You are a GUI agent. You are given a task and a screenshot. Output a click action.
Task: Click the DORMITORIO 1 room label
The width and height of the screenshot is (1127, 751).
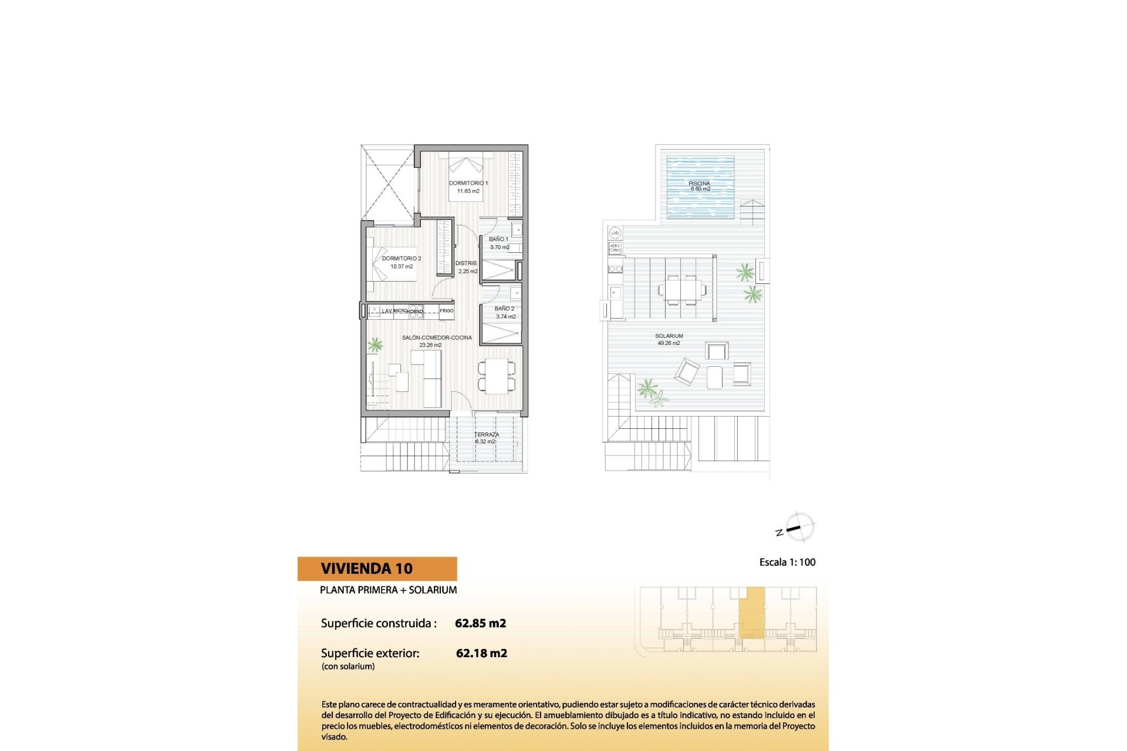click(x=468, y=183)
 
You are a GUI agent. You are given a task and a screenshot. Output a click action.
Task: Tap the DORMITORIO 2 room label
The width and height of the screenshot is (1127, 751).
click(x=401, y=258)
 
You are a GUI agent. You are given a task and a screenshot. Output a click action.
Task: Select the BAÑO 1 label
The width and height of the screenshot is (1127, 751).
click(x=499, y=239)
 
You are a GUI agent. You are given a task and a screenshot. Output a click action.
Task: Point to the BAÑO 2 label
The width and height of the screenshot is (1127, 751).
click(x=504, y=309)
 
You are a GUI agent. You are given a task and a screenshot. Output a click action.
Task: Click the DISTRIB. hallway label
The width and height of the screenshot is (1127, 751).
click(x=467, y=263)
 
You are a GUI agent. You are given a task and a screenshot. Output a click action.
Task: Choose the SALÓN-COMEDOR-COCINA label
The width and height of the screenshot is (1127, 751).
click(x=437, y=338)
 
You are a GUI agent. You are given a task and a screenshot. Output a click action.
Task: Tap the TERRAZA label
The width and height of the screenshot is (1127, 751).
click(x=487, y=435)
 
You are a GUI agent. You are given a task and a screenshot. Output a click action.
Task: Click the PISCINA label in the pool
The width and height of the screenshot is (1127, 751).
click(x=699, y=184)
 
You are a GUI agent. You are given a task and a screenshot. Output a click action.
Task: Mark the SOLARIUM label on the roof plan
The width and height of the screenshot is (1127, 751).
click(x=669, y=336)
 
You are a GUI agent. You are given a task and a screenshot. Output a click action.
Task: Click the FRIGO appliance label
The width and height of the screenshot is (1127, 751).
click(x=447, y=311)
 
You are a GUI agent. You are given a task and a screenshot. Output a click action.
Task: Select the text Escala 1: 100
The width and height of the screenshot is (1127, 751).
click(x=787, y=562)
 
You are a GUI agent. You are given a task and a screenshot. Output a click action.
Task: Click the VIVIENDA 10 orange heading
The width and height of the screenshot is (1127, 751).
click(x=367, y=569)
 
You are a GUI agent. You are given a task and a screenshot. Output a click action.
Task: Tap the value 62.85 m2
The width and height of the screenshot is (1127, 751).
click(x=480, y=623)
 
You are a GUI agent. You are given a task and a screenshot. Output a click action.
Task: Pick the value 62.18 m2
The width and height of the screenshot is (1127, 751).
click(x=481, y=653)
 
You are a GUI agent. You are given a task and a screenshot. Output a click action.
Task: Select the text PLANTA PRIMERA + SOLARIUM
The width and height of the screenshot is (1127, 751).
click(x=388, y=590)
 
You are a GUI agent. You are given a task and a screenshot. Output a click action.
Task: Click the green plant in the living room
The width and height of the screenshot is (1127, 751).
click(x=375, y=344)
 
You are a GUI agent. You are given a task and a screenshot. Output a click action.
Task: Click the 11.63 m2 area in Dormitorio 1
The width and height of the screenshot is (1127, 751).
click(x=468, y=191)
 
